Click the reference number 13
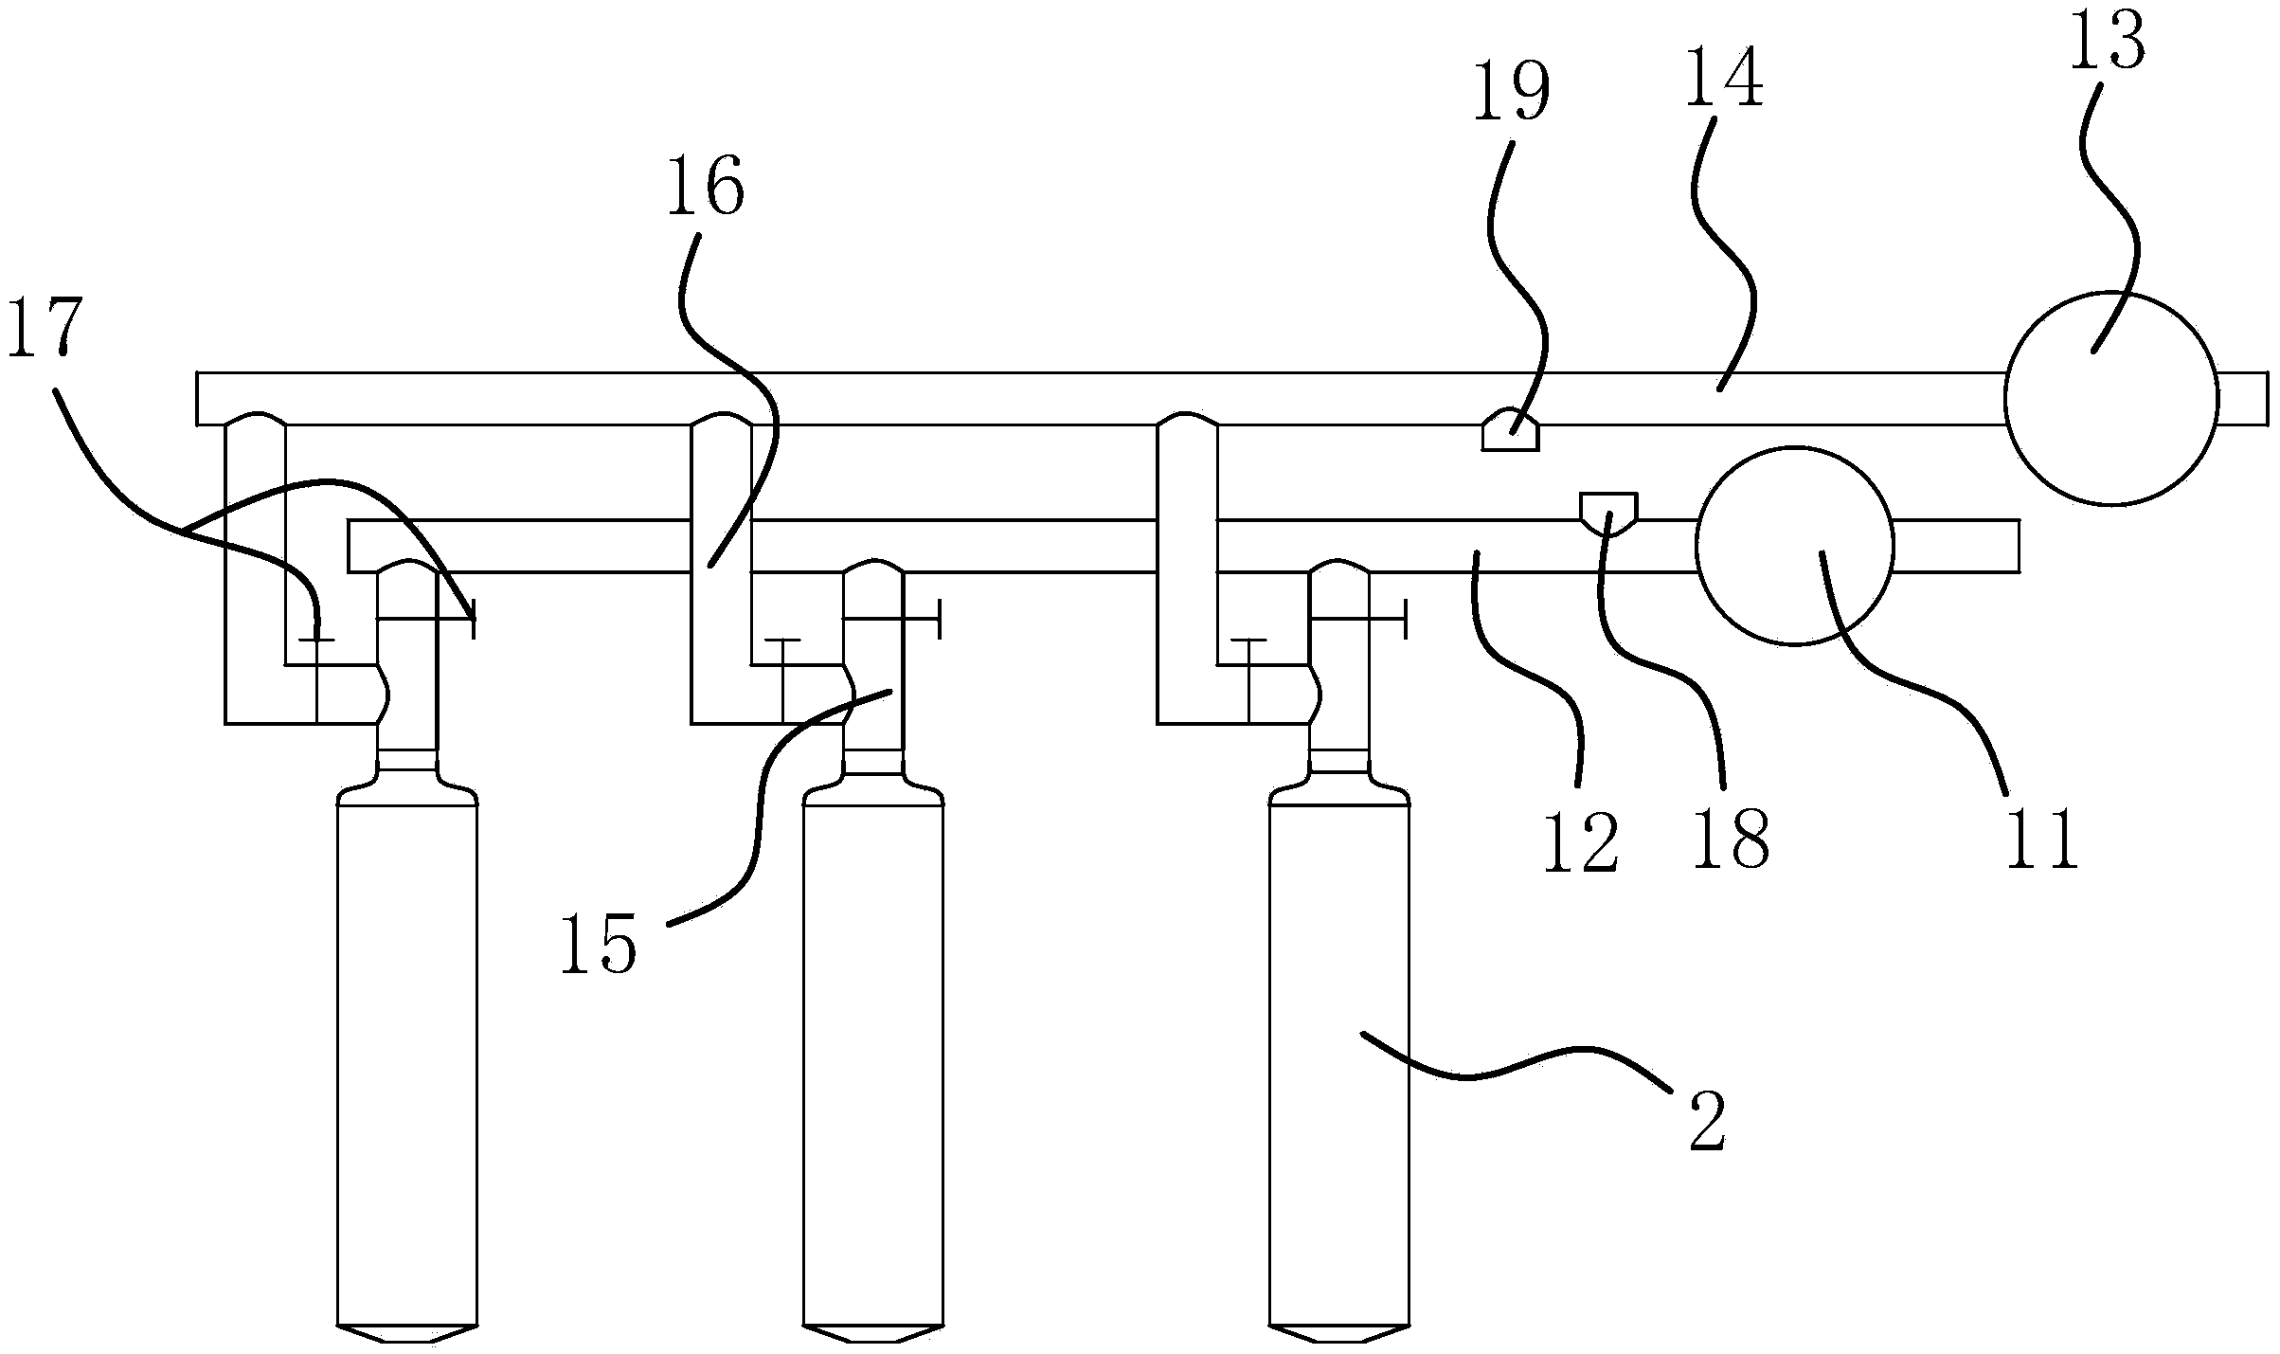tap(2106, 44)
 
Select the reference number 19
tap(1512, 93)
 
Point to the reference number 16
tap(705, 189)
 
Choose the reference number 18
tap(1730, 839)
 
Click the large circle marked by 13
tap(2110, 399)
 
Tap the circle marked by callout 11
tap(1794, 546)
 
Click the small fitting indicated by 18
tap(1608, 510)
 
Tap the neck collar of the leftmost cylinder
tap(407, 761)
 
